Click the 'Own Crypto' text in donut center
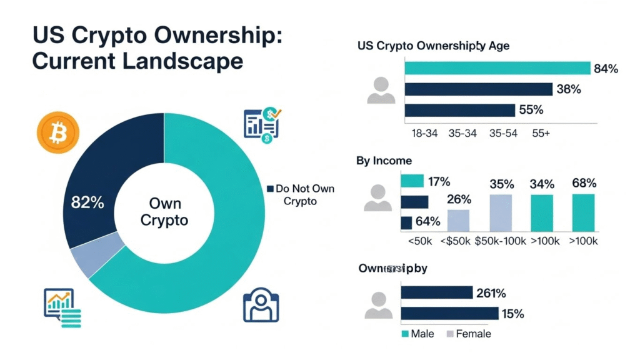coord(164,212)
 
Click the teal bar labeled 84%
coord(497,68)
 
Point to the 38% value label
coord(568,89)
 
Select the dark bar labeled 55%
coord(460,110)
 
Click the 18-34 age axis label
coord(425,134)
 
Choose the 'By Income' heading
coord(384,161)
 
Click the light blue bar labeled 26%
coord(457,220)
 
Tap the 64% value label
coord(428,221)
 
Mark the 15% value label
coord(512,313)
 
